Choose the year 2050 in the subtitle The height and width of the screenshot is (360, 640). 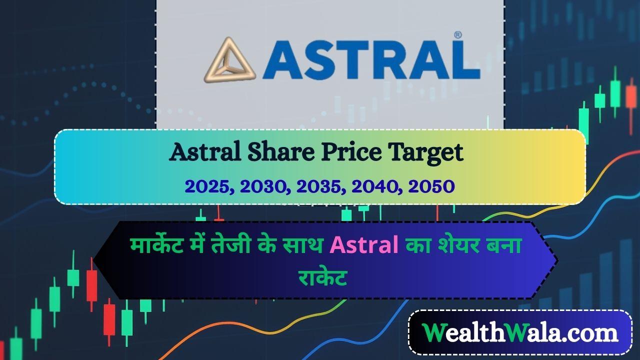(x=431, y=186)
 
